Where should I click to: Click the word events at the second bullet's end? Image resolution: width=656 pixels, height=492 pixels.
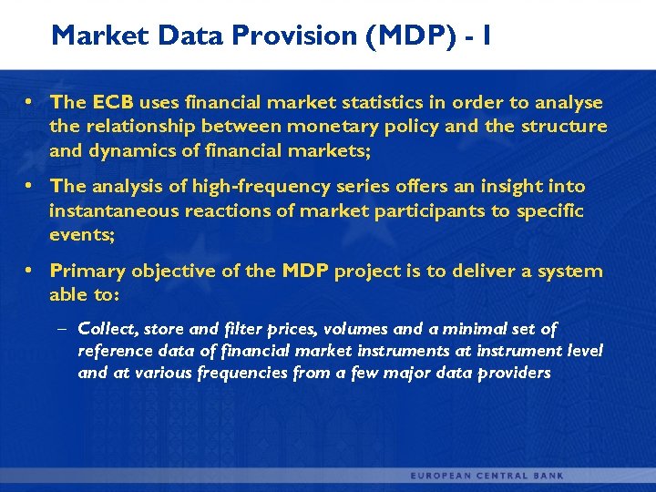tap(82, 233)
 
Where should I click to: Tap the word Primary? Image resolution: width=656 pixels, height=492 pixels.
tap(87, 271)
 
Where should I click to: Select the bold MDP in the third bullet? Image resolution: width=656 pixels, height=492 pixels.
tap(307, 271)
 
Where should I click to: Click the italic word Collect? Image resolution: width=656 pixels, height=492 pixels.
tap(107, 328)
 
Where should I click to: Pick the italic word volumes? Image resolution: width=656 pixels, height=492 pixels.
tap(327, 328)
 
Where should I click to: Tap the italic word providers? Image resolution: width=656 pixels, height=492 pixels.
tap(515, 373)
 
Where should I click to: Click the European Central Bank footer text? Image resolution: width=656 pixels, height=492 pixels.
tap(487, 475)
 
